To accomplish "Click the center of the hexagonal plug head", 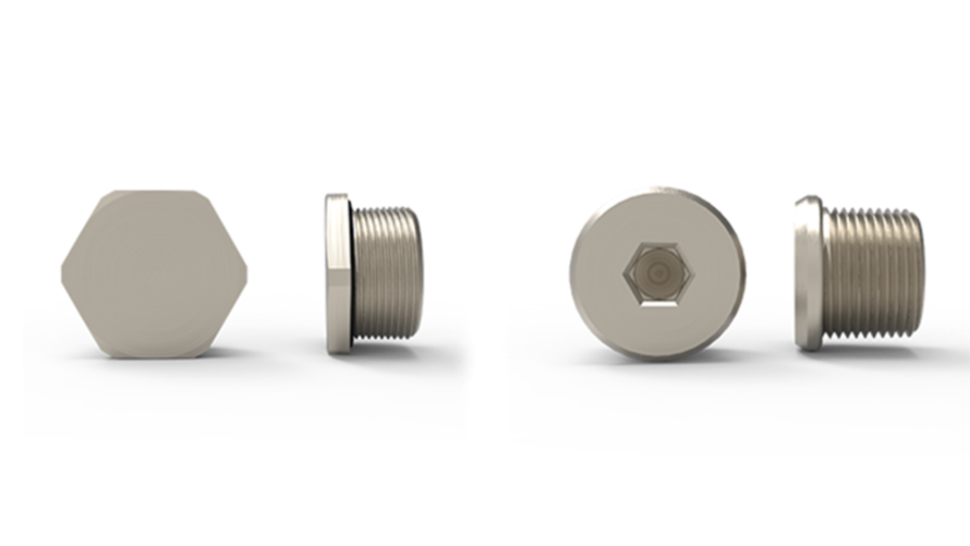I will pos(153,274).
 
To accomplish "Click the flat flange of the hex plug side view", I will pos(336,274).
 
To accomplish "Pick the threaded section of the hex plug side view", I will pos(388,274).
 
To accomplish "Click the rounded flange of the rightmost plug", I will pos(807,274).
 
